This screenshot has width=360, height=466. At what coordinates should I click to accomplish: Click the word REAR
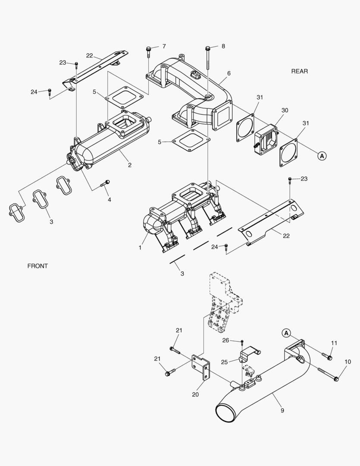[299, 71]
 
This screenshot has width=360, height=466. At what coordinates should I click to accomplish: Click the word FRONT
[38, 266]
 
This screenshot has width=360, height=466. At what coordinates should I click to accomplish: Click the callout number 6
[229, 73]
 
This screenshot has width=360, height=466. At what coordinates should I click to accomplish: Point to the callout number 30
[285, 110]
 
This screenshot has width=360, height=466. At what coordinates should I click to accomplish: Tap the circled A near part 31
[322, 156]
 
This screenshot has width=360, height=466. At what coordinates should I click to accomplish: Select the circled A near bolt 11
[285, 333]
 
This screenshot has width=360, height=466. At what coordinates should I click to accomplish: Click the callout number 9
[282, 410]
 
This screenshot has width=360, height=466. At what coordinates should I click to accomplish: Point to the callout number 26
[225, 340]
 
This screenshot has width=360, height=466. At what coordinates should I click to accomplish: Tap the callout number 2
[129, 165]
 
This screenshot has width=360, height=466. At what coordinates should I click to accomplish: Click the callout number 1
[140, 248]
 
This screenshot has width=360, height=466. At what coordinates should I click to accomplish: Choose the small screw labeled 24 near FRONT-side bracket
[50, 91]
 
